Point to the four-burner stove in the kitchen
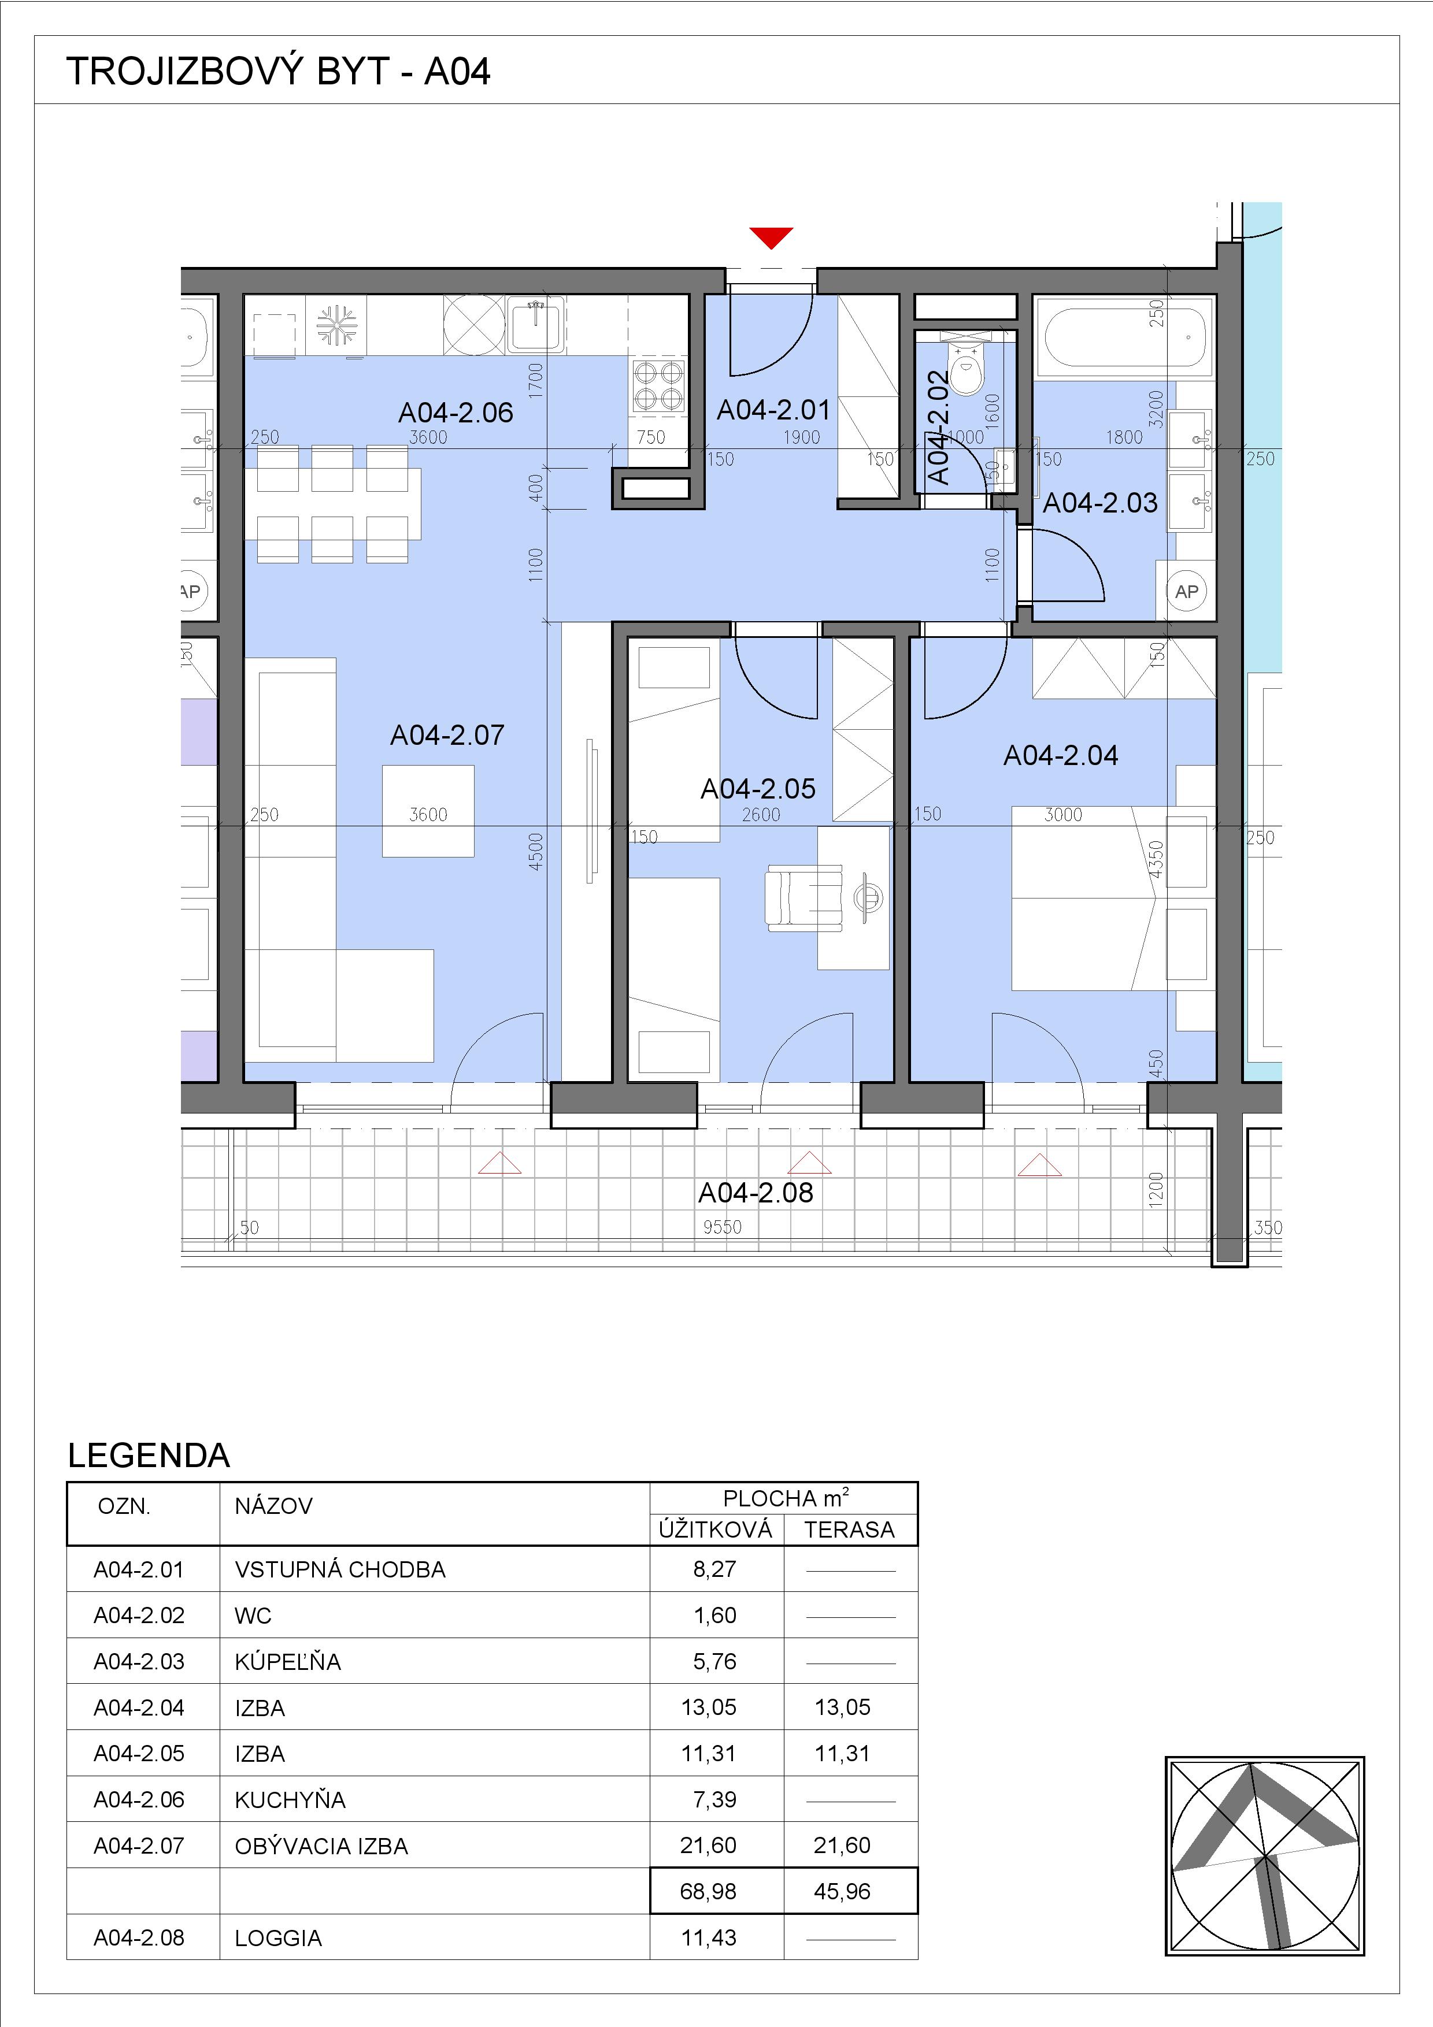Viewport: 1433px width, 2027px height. coord(658,386)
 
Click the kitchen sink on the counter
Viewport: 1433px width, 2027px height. coord(536,324)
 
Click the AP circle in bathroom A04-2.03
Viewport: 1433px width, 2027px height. coord(1187,592)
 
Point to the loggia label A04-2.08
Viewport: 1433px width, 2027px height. coord(755,1193)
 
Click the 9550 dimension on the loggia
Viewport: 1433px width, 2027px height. coord(722,1226)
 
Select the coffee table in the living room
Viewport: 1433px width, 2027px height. coord(428,811)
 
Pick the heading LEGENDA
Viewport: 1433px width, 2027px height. coord(149,1456)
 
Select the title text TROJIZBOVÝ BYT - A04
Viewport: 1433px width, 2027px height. coord(278,70)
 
